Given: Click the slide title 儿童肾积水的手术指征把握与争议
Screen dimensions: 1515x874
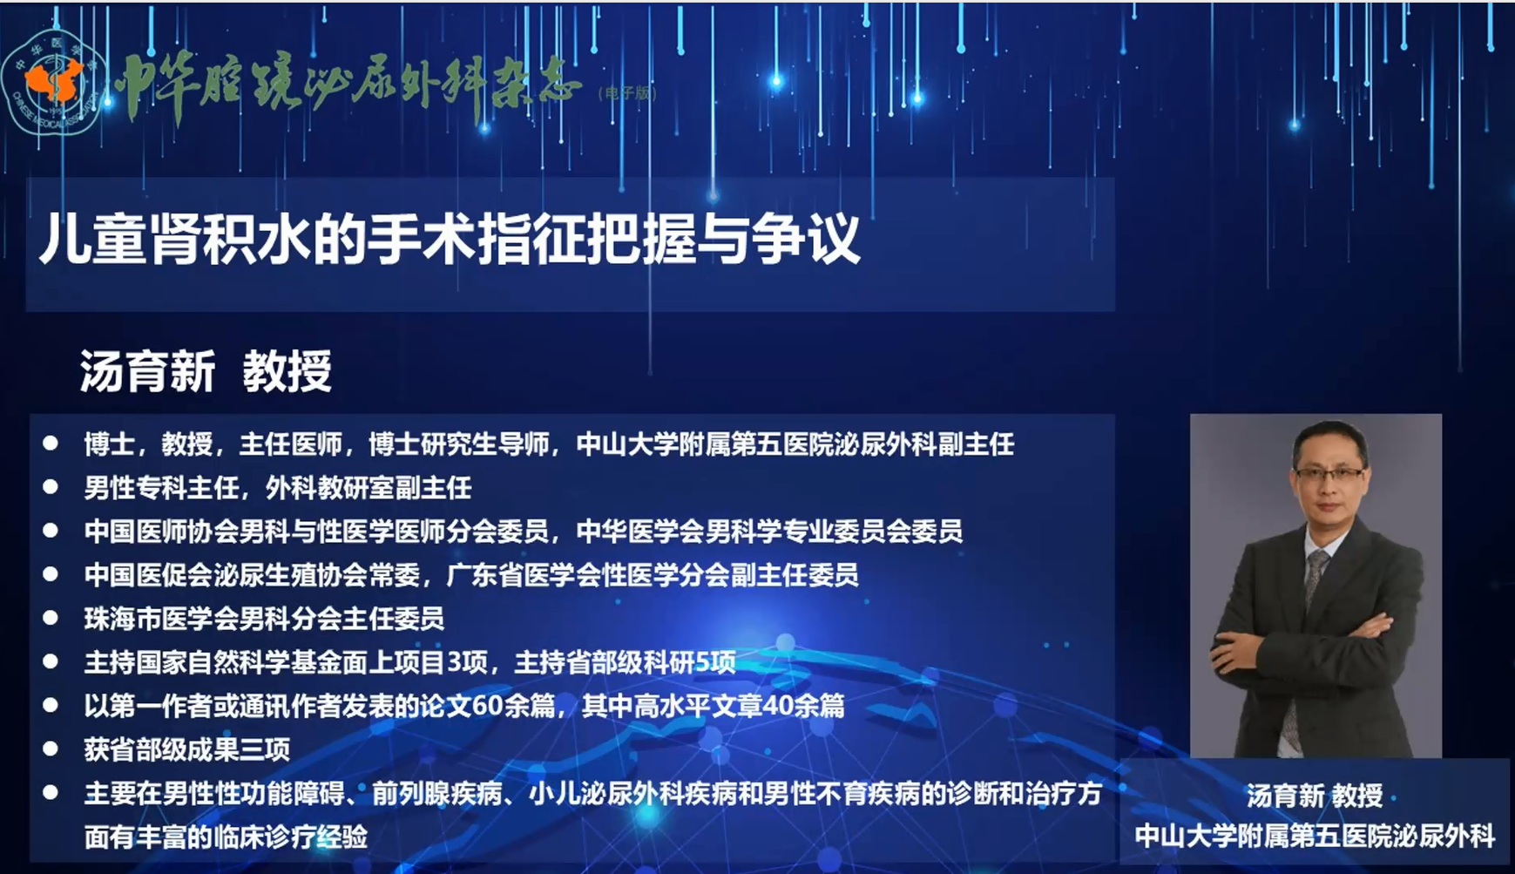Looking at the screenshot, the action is click(x=450, y=239).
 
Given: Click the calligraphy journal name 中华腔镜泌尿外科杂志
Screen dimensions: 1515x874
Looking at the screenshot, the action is click(x=348, y=88).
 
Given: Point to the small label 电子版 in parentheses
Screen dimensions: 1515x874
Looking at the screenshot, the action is click(x=628, y=93).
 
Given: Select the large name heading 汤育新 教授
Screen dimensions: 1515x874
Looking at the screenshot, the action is click(x=206, y=372).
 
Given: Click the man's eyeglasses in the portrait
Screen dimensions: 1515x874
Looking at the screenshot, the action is click(x=1329, y=473).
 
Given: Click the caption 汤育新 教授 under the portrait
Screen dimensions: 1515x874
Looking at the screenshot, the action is click(x=1315, y=796).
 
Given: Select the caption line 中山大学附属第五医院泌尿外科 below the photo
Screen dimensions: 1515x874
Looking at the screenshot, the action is click(x=1315, y=837).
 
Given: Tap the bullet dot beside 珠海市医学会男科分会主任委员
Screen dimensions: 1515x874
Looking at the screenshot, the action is click(x=51, y=618).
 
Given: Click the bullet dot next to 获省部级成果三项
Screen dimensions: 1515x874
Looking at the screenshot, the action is click(x=51, y=749).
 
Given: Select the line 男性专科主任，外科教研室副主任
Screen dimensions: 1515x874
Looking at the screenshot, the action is click(x=278, y=488).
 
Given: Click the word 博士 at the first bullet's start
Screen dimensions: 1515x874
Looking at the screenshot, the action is click(x=109, y=444).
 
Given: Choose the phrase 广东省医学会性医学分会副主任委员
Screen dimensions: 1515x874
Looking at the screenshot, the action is click(x=653, y=575).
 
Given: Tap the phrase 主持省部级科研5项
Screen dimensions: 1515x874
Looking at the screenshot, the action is click(x=626, y=662).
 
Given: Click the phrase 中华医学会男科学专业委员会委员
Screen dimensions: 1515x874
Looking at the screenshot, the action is click(x=769, y=532).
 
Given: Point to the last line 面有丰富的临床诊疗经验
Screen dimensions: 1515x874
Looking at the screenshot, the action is click(x=226, y=837).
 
